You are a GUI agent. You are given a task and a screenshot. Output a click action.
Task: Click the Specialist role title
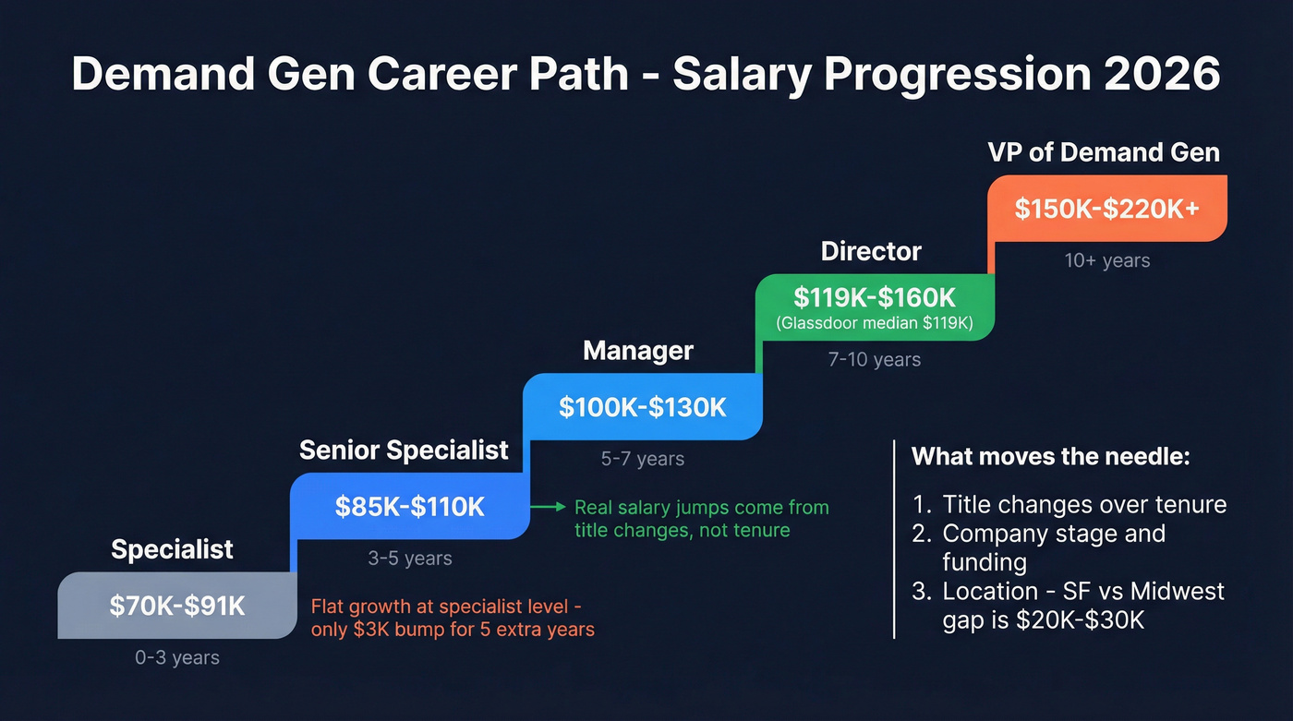click(172, 549)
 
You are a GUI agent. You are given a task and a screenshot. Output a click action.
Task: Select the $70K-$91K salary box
click(177, 606)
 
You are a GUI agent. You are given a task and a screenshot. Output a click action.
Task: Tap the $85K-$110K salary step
click(409, 506)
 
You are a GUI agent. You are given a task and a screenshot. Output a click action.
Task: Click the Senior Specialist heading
click(404, 451)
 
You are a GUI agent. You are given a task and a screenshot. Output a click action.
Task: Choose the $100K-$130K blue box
click(642, 407)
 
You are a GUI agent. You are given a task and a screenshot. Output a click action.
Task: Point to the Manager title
click(638, 352)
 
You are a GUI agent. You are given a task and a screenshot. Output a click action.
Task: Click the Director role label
click(871, 251)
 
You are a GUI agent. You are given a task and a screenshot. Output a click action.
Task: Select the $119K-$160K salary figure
click(875, 297)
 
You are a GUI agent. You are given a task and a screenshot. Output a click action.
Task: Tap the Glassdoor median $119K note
click(875, 324)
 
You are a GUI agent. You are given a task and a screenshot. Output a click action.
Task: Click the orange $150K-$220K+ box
click(1106, 209)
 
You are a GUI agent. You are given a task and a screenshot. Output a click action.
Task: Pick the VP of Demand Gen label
click(1104, 152)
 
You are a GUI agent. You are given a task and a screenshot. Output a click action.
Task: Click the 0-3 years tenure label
click(177, 658)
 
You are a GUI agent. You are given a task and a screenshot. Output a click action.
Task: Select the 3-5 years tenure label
click(409, 559)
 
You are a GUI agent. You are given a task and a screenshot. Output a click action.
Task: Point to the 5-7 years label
click(642, 459)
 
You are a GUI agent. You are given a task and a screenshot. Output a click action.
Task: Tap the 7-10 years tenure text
click(875, 359)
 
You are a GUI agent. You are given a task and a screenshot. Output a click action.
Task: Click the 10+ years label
click(1106, 260)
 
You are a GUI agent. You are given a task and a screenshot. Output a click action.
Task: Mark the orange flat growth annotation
click(453, 619)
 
